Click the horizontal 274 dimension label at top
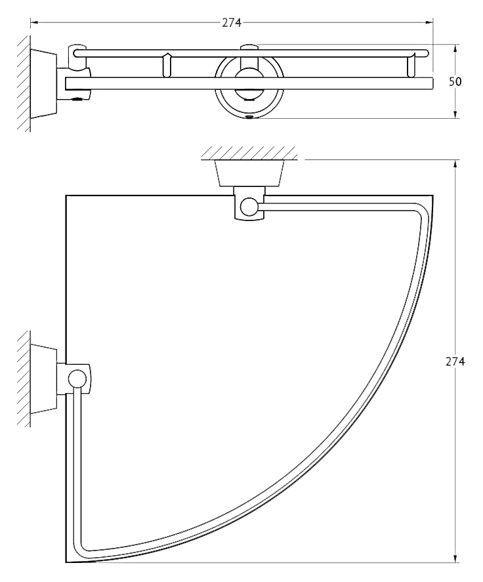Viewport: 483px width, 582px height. (232, 23)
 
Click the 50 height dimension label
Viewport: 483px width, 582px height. (455, 81)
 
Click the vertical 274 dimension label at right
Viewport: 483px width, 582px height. (455, 361)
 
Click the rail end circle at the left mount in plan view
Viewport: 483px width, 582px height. (76, 378)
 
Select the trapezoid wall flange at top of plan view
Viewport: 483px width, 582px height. (249, 173)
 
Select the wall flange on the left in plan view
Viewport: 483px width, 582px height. (43, 379)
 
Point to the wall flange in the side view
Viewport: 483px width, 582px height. (43, 83)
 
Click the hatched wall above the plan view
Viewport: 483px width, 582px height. (249, 153)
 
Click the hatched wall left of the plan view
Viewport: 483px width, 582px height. (24, 379)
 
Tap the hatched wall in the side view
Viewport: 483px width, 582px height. (24, 83)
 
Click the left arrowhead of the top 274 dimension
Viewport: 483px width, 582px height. (34, 23)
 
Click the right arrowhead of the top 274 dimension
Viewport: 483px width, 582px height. (429, 23)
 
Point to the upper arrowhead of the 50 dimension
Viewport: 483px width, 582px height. (455, 49)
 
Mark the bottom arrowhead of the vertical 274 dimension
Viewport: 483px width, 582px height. (455, 568)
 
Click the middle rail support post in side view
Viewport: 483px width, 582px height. (167, 66)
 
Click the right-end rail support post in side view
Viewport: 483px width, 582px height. (411, 66)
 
